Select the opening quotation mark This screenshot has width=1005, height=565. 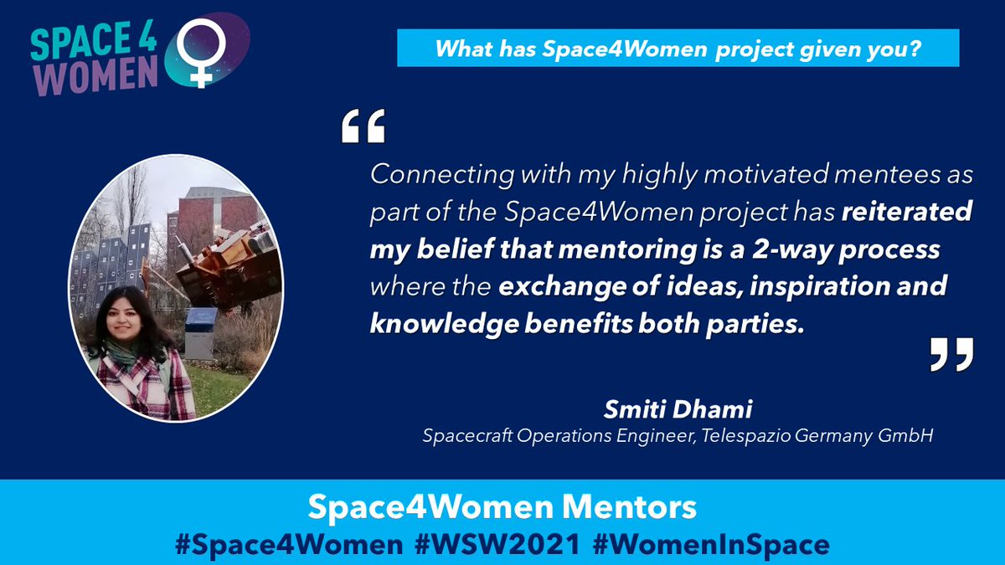363,127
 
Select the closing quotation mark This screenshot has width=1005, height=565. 952,354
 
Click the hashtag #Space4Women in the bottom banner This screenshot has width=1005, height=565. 288,544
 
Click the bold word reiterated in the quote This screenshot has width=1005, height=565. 905,212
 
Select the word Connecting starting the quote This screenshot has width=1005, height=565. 430,175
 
